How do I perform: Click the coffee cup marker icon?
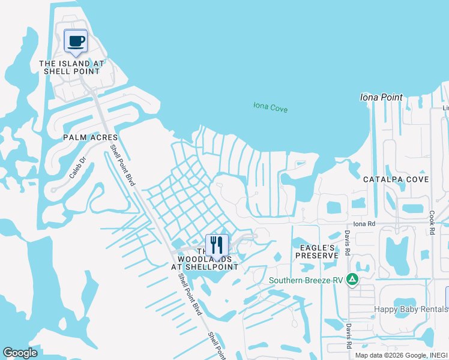pyautogui.click(x=76, y=41)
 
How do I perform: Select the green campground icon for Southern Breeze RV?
pyautogui.click(x=354, y=280)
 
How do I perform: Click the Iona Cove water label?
pyautogui.click(x=270, y=108)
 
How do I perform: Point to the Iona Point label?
pyautogui.click(x=381, y=97)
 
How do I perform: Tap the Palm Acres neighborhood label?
pyautogui.click(x=90, y=137)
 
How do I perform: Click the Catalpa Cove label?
pyautogui.click(x=396, y=179)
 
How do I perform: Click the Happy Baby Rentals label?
pyautogui.click(x=411, y=309)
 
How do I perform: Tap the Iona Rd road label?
pyautogui.click(x=364, y=224)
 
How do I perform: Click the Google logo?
pyautogui.click(x=20, y=353)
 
